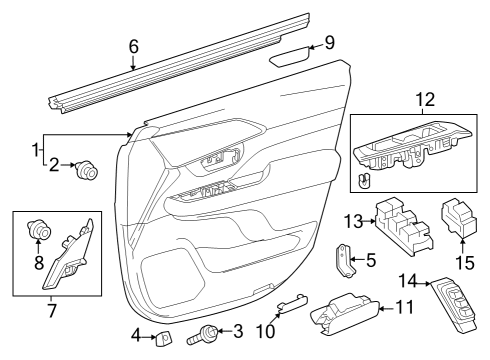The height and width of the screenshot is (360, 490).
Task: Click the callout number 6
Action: coord(134,45)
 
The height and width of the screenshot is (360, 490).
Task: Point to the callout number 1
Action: coord(35,151)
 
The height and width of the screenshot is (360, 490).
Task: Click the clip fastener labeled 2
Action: coord(87,171)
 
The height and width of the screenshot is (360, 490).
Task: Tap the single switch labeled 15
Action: coord(461,218)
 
